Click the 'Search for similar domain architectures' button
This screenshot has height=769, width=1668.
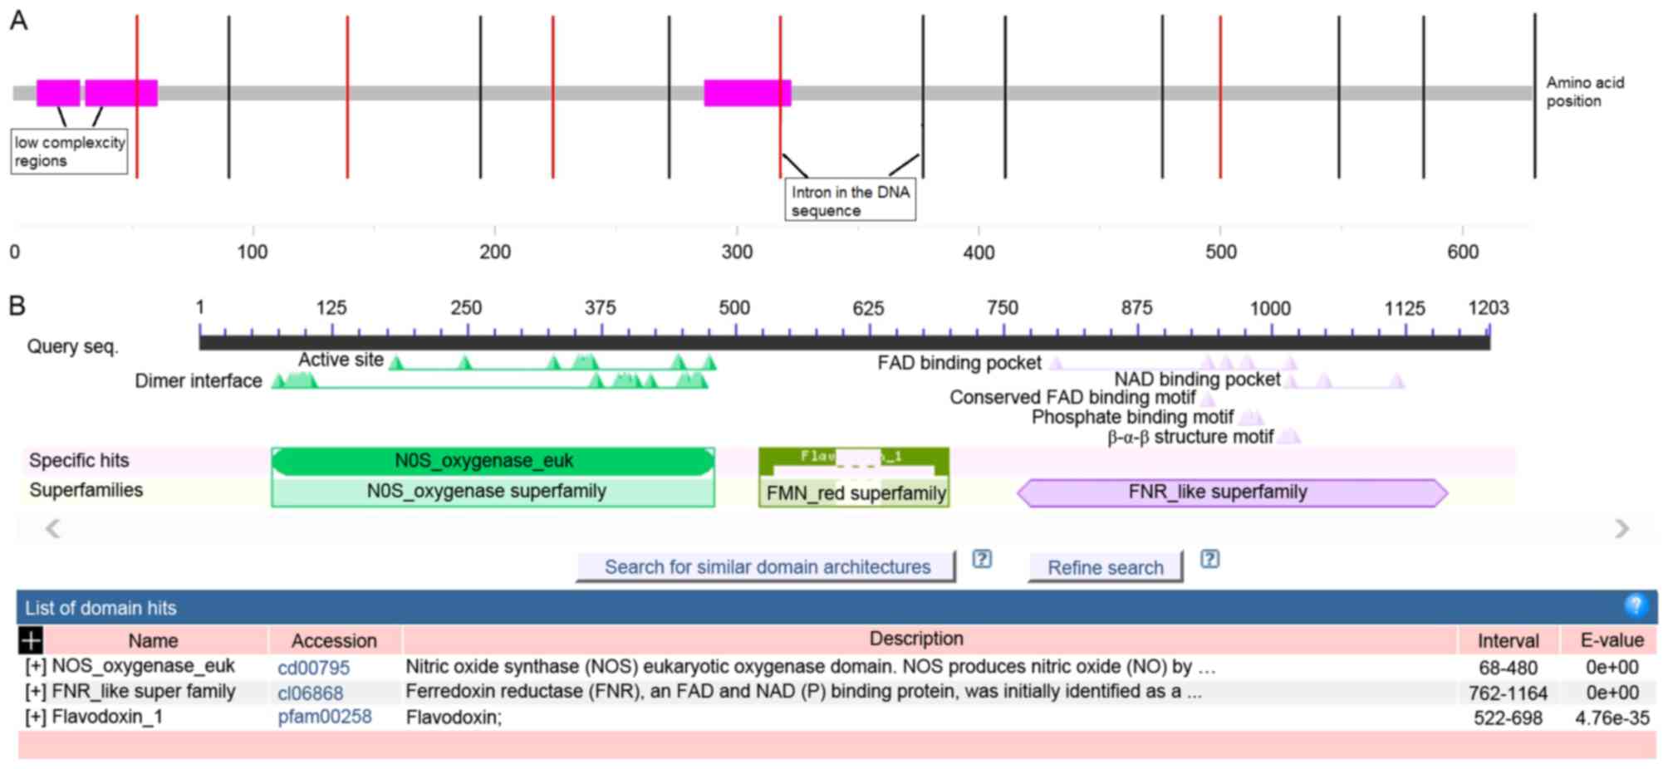pyautogui.click(x=766, y=567)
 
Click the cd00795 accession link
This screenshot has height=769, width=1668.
pyautogui.click(x=313, y=668)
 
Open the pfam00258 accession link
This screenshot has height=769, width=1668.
pyautogui.click(x=324, y=717)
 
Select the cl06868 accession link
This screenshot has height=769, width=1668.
pyautogui.click(x=310, y=693)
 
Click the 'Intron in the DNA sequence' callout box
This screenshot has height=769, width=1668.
pyautogui.click(x=850, y=200)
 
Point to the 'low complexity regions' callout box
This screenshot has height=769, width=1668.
pyautogui.click(x=69, y=151)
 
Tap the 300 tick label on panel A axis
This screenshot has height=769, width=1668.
pyautogui.click(x=737, y=252)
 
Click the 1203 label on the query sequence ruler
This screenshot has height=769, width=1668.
pyautogui.click(x=1487, y=308)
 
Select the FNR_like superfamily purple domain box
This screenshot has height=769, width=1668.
pyautogui.click(x=1232, y=492)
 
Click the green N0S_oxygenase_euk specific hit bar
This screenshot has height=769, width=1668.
pyautogui.click(x=492, y=461)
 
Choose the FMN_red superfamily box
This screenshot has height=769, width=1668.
pyautogui.click(x=854, y=493)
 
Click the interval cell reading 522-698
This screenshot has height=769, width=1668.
pyautogui.click(x=1507, y=718)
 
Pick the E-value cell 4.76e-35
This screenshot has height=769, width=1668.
pyautogui.click(x=1612, y=718)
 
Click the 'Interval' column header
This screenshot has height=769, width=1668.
pyautogui.click(x=1507, y=640)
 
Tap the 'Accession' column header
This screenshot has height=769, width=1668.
pyautogui.click(x=334, y=640)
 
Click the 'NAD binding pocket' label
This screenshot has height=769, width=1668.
pyautogui.click(x=1196, y=380)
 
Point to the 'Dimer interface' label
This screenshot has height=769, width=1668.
pyautogui.click(x=199, y=381)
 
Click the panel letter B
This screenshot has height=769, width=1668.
pyautogui.click(x=17, y=306)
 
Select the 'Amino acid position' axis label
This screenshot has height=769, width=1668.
pyautogui.click(x=1584, y=91)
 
